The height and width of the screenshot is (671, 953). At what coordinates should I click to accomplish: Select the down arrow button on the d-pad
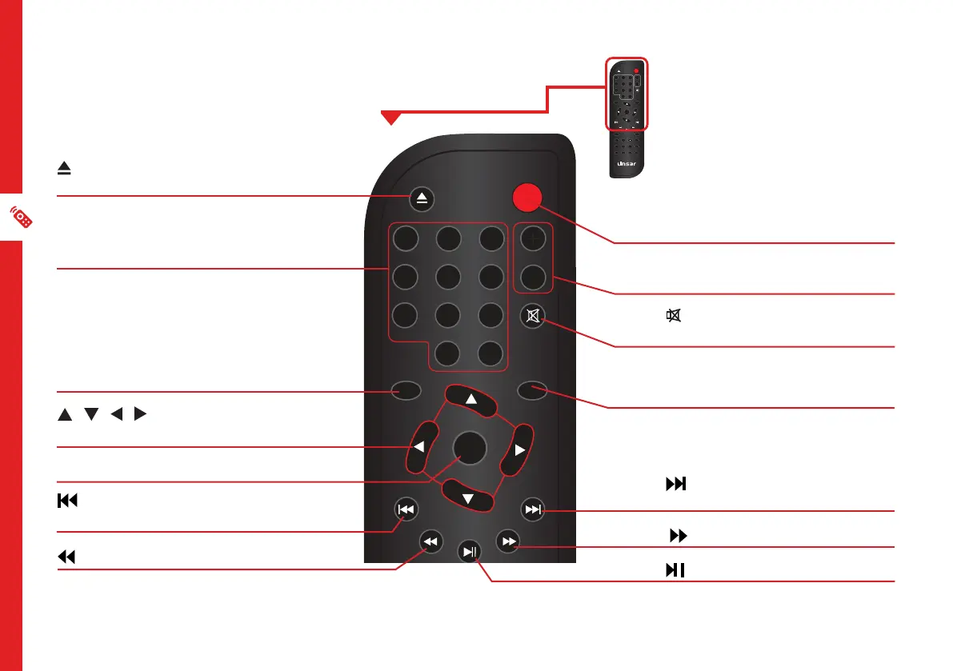pyautogui.click(x=469, y=498)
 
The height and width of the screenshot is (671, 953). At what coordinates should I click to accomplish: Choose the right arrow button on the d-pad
pyautogui.click(x=519, y=450)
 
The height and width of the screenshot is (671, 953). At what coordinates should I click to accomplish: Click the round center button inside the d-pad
pyautogui.click(x=469, y=448)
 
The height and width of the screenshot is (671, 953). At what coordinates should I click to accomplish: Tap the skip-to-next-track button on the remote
pyautogui.click(x=532, y=509)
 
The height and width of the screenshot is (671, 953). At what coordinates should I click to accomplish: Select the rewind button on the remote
pyautogui.click(x=431, y=542)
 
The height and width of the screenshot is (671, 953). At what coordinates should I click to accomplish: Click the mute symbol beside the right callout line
pyautogui.click(x=674, y=318)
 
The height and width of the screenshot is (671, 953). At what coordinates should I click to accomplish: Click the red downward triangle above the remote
pyautogui.click(x=390, y=118)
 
